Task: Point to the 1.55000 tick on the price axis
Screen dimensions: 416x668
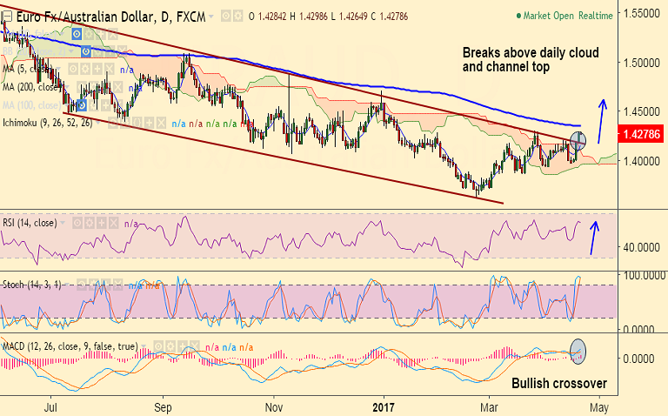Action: click(x=642, y=14)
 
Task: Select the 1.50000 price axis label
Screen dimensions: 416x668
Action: click(x=642, y=64)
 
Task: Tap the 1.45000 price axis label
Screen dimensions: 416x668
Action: click(x=642, y=112)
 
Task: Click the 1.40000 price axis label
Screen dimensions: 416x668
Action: click(x=642, y=162)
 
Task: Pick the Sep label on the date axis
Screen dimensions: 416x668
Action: click(x=163, y=406)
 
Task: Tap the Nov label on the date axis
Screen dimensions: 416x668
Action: click(x=274, y=406)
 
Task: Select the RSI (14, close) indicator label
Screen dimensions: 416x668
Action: click(x=30, y=223)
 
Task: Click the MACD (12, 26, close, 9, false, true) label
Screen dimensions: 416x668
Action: click(x=70, y=346)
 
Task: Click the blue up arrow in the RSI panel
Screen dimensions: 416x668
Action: click(x=595, y=238)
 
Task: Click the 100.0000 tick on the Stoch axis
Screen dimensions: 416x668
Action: click(x=642, y=275)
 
